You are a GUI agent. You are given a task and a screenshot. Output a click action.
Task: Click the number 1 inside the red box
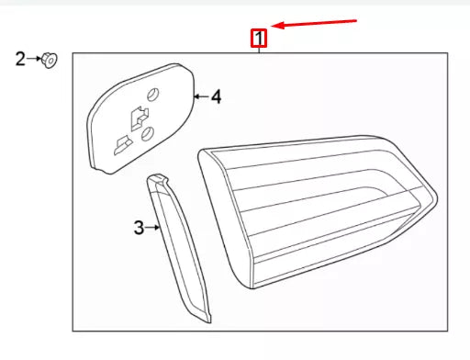pyautogui.click(x=260, y=39)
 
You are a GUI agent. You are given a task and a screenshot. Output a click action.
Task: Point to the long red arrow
pyautogui.click(x=317, y=22)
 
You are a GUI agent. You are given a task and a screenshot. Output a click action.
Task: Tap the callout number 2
pyautogui.click(x=20, y=60)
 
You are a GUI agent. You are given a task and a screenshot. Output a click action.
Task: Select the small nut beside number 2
pyautogui.click(x=50, y=61)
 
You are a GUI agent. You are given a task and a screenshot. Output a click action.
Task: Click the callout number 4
pyautogui.click(x=216, y=96)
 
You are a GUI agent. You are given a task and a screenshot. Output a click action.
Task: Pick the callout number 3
pyautogui.click(x=139, y=228)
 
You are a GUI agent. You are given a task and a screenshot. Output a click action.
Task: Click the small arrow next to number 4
pyautogui.click(x=200, y=96)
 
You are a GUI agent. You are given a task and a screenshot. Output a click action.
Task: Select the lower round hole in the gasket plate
pyautogui.click(x=146, y=135)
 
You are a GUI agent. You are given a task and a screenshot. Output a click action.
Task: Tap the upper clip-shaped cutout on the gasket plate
pyautogui.click(x=138, y=117)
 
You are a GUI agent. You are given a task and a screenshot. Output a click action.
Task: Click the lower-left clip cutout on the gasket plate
pyautogui.click(x=120, y=144)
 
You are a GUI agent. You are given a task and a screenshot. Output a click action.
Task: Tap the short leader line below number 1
pyautogui.click(x=260, y=51)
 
